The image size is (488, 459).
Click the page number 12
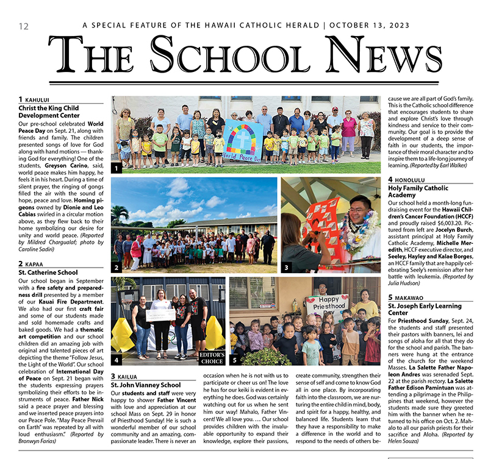pos(24,26)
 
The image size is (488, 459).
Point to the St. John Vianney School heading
pos(146,385)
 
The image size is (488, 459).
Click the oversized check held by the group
pos(160,315)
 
